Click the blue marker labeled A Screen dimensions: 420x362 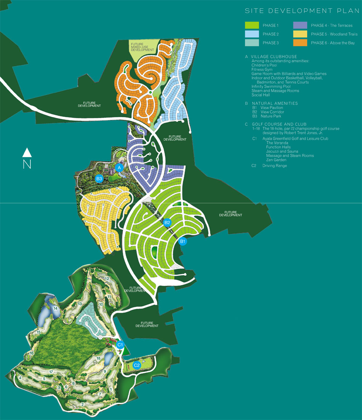pyautogui.click(x=119, y=167)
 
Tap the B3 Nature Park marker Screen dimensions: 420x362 pyautogui.click(x=99, y=178)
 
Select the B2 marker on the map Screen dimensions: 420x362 pyautogui.click(x=167, y=223)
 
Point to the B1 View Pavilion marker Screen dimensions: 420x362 pyautogui.click(x=183, y=241)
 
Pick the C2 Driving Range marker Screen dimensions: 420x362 pyautogui.click(x=136, y=365)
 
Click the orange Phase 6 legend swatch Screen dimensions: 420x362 pyautogui.click(x=300, y=43)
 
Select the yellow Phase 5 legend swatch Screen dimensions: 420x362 pyautogui.click(x=300, y=34)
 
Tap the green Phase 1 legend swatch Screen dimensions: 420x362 pyautogui.click(x=252, y=25)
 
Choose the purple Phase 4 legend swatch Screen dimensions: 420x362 pyautogui.click(x=300, y=25)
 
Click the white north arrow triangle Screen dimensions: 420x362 pyautogui.click(x=27, y=153)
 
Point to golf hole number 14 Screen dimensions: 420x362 pyautogui.click(x=55, y=308)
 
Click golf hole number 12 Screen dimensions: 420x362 pyautogui.click(x=107, y=279)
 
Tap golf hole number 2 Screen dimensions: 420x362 pyautogui.click(x=82, y=404)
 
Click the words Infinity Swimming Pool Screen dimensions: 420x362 pyautogui.click(x=271, y=87)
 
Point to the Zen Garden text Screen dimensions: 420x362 pyautogui.click(x=277, y=160)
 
